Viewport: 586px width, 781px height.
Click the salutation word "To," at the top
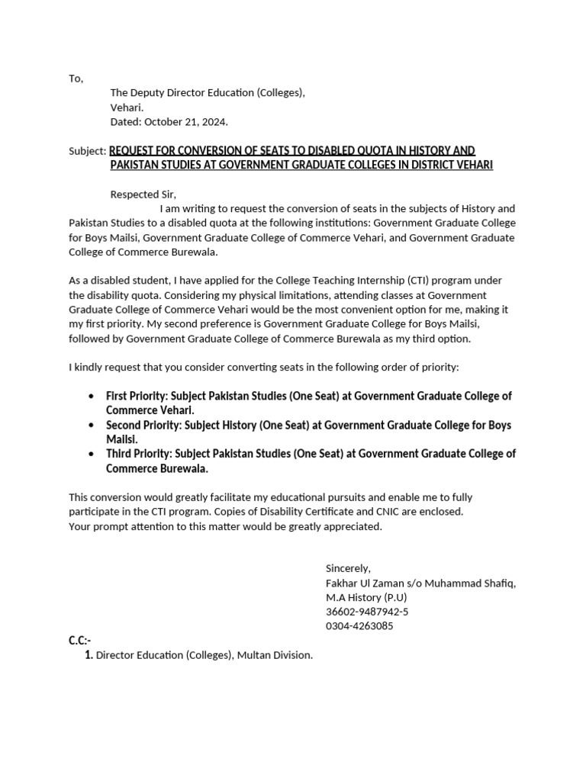(76, 79)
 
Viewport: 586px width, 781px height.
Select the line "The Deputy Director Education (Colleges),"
(208, 93)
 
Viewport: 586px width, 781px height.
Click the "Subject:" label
(88, 151)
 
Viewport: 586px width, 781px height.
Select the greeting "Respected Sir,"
(143, 194)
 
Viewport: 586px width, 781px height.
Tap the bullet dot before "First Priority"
(92, 397)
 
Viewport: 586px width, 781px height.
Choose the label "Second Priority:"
(143, 425)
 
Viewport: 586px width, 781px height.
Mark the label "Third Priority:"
(138, 454)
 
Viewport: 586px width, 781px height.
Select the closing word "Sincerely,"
(348, 568)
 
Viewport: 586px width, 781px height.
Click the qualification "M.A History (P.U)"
(366, 597)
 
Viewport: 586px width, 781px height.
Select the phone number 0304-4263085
(359, 626)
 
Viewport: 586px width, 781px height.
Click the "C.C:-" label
(80, 641)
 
